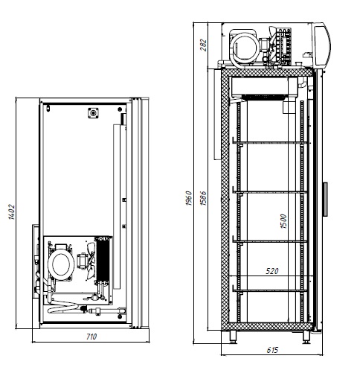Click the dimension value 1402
12,212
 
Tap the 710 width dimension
91,337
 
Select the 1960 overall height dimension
189,198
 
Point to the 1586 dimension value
203,198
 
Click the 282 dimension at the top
203,45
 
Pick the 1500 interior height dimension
283,221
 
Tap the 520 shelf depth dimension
272,271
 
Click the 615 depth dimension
272,350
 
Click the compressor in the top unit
244,48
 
